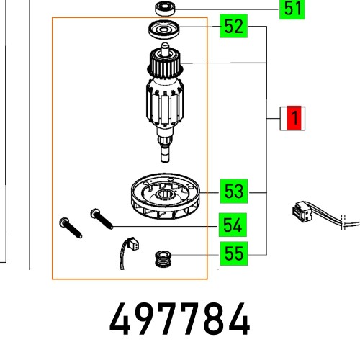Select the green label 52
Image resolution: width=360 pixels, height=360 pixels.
point(233,27)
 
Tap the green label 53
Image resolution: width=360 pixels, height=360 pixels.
point(233,192)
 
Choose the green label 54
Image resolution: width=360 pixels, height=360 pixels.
point(233,225)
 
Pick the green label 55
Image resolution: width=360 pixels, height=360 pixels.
point(233,253)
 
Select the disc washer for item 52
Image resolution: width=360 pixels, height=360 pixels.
point(164,31)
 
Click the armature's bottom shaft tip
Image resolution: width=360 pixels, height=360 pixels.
point(164,155)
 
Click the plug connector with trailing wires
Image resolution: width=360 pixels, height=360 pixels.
point(298,214)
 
